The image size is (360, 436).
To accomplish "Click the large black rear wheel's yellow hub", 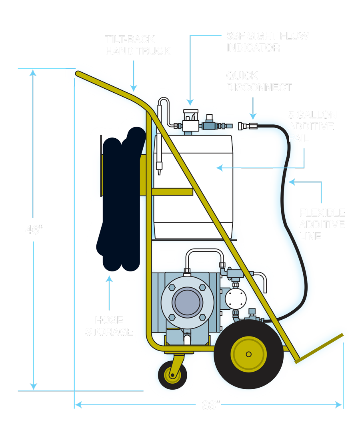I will coord(248,354).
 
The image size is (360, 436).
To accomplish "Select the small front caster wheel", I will coord(173,375).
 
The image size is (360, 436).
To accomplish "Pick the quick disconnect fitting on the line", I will coord(247,126).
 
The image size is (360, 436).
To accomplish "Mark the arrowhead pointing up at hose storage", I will coord(108,278).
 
